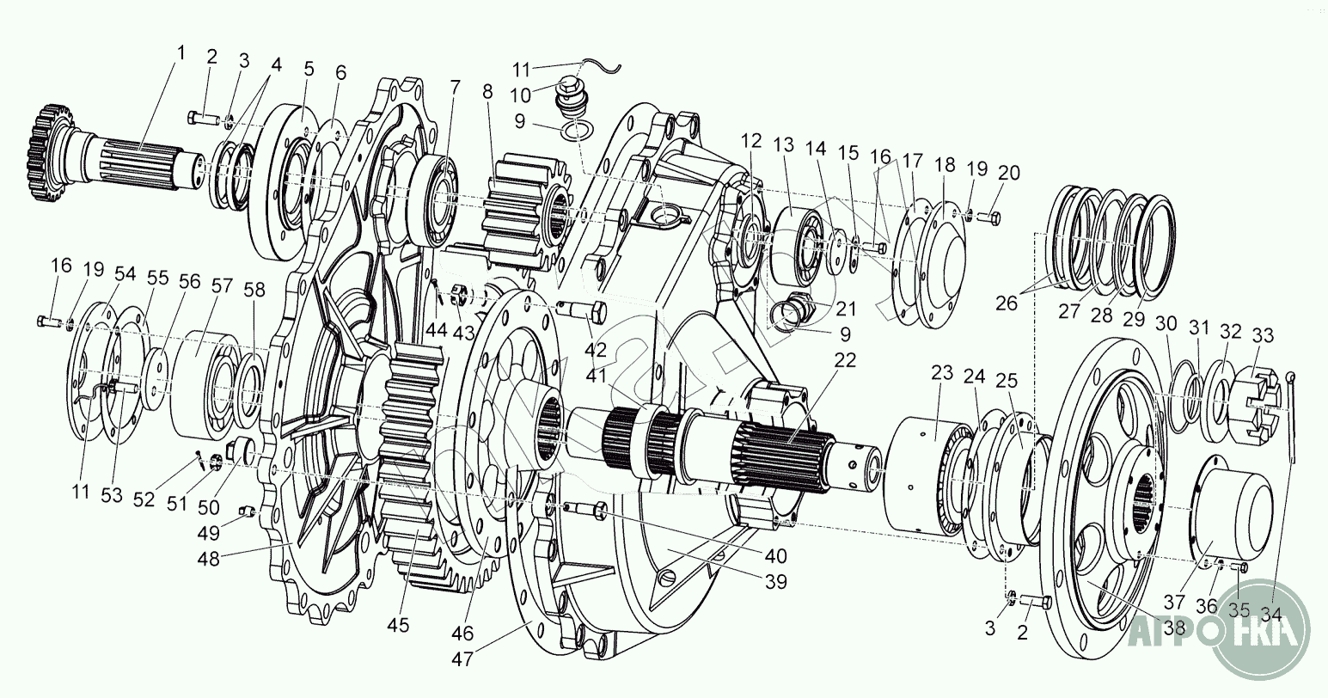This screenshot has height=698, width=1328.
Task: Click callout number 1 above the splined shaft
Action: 181,52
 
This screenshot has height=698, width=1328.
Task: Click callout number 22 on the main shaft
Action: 846,360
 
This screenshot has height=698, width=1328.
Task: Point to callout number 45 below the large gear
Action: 398,624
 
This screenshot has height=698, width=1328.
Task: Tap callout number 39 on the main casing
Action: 776,582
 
